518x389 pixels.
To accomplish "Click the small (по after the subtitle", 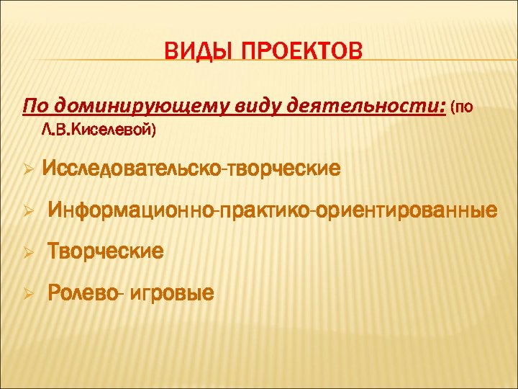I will (x=462, y=109).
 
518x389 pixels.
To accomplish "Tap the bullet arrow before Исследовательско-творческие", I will (x=27, y=171).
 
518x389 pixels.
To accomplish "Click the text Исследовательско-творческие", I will (x=191, y=169).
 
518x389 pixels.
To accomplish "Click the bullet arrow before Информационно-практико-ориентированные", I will (x=27, y=212).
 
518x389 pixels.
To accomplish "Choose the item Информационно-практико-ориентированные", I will (x=272, y=211).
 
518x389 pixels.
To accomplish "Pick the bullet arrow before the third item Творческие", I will (x=27, y=252).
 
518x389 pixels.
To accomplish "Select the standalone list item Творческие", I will (x=105, y=251).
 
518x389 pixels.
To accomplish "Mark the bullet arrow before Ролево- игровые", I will (x=27, y=293).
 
